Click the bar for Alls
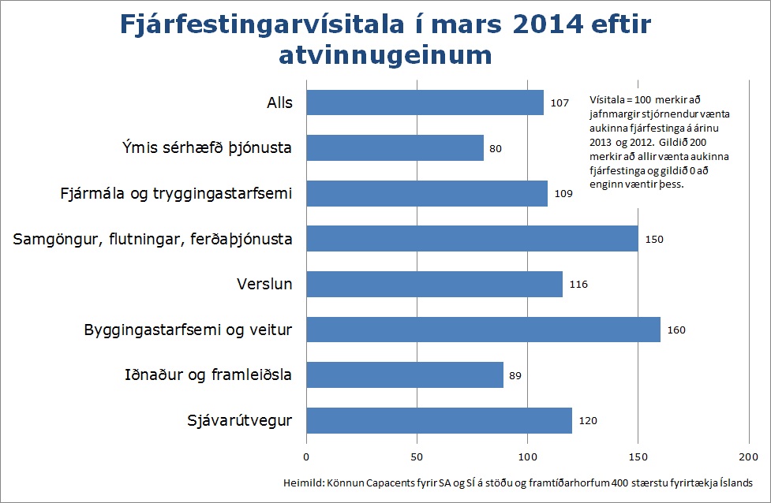pos(425,102)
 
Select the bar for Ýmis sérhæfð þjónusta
pos(395,148)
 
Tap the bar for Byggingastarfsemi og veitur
pos(483,330)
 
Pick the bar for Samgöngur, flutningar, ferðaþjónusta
pos(472,239)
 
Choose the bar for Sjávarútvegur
pos(439,420)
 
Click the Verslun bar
pos(434,284)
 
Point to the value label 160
pos(676,330)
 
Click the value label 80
pos(496,148)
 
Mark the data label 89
pos(515,375)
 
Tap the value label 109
pos(563,194)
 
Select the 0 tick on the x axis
pos(306,457)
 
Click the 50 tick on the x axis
pos(417,457)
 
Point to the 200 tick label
pos(748,457)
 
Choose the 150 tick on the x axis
pos(638,457)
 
